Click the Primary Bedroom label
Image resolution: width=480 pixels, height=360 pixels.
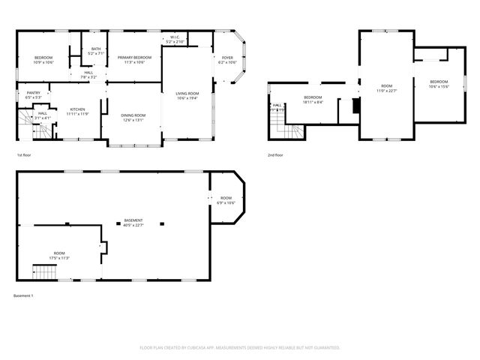[x=135, y=60]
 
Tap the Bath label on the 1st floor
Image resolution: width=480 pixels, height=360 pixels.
[x=95, y=51]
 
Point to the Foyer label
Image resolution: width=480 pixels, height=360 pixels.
[x=226, y=60]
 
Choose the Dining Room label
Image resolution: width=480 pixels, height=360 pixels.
[x=133, y=117]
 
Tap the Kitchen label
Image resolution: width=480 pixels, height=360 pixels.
[x=78, y=111]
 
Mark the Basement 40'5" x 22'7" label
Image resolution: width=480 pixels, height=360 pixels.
[x=133, y=222]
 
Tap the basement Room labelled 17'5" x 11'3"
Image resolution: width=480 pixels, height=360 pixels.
[x=59, y=256]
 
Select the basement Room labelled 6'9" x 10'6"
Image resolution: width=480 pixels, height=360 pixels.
[x=226, y=200]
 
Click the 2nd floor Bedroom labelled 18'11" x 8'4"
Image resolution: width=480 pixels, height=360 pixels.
[x=313, y=100]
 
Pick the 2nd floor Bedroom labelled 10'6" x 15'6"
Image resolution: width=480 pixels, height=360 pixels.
[x=438, y=84]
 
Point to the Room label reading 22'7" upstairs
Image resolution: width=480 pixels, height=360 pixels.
[x=386, y=88]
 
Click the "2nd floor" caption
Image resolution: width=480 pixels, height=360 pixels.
[x=275, y=155]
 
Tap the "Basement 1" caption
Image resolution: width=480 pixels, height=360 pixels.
[x=23, y=295]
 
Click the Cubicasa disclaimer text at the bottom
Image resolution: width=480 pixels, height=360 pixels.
[x=240, y=347]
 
